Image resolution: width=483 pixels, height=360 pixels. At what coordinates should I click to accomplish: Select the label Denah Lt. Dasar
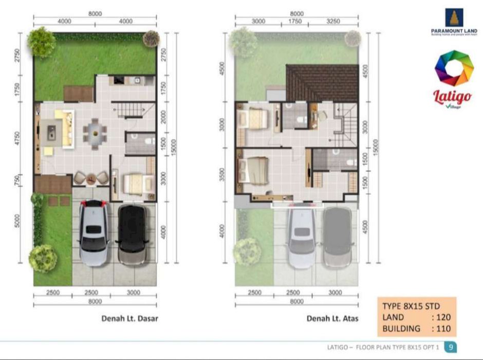129,318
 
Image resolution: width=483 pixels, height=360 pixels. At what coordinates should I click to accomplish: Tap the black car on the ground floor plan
132,234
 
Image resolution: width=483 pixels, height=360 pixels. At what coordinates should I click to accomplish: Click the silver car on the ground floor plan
94,232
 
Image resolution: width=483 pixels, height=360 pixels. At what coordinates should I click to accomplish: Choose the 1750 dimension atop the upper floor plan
295,21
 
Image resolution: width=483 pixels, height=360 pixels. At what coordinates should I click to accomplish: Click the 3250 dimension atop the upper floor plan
333,21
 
